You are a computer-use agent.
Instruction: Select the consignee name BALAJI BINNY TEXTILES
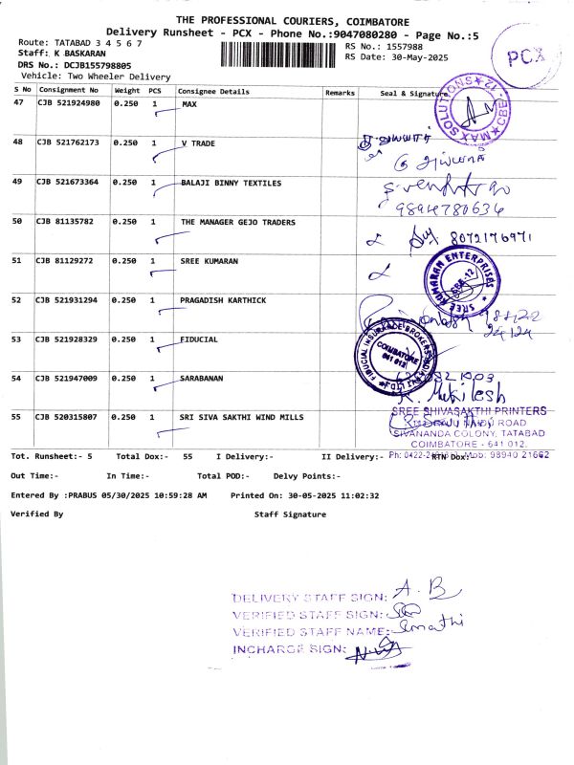pyautogui.click(x=231, y=182)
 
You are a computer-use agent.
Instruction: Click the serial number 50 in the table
pyautogui.click(x=17, y=221)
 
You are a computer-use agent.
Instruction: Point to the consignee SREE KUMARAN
pyautogui.click(x=209, y=260)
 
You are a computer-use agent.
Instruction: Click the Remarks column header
pyautogui.click(x=340, y=93)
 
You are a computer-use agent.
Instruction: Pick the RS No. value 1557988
pyautogui.click(x=405, y=46)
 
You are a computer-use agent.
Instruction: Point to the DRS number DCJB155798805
pyautogui.click(x=97, y=64)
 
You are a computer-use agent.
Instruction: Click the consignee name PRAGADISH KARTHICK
pyautogui.click(x=223, y=299)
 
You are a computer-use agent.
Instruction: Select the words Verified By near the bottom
pyautogui.click(x=36, y=514)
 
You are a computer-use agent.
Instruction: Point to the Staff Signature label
pyautogui.click(x=290, y=514)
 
